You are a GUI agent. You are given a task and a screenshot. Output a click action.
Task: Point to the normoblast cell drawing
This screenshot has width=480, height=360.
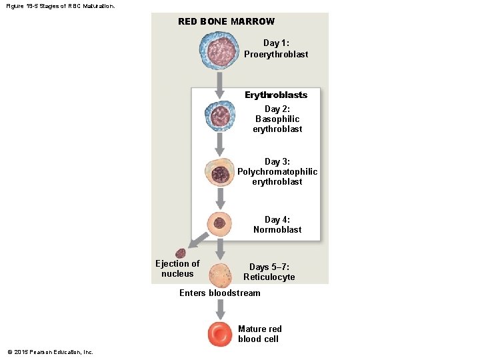point(220,224)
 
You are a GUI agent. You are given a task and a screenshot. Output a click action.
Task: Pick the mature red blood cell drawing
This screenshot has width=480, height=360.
point(220,333)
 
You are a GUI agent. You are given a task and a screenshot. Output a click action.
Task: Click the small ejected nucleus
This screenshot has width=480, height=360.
point(180,254)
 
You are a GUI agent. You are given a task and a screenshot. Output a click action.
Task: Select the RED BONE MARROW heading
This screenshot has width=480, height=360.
point(226,21)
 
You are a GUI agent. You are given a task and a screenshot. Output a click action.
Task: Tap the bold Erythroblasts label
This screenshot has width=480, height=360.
point(275,95)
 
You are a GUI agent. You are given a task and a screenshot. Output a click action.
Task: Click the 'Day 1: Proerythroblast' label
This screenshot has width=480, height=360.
point(275,49)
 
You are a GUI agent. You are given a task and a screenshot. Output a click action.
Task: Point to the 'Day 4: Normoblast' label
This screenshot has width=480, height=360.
point(277,224)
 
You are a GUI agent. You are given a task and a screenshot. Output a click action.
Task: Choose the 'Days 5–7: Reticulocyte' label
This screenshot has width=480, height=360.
point(269,272)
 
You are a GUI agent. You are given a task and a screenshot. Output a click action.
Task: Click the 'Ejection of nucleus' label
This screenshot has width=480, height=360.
point(177,269)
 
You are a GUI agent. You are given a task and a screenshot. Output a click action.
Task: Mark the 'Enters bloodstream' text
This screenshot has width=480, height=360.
point(219,293)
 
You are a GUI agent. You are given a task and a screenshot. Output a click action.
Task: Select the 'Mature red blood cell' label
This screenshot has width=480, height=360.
point(259,333)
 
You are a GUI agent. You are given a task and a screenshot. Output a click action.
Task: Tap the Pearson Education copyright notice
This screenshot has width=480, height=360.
point(50,352)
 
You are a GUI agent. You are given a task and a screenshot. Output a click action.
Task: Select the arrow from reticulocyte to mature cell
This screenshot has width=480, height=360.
point(220,309)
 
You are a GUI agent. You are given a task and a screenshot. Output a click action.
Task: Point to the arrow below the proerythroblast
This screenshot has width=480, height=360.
point(220,83)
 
